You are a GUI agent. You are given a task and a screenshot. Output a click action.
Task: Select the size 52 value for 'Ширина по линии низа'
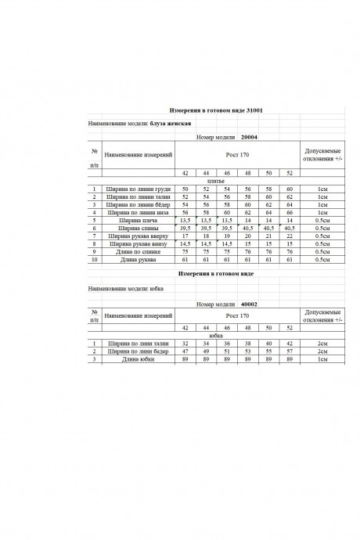[x=290, y=212]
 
